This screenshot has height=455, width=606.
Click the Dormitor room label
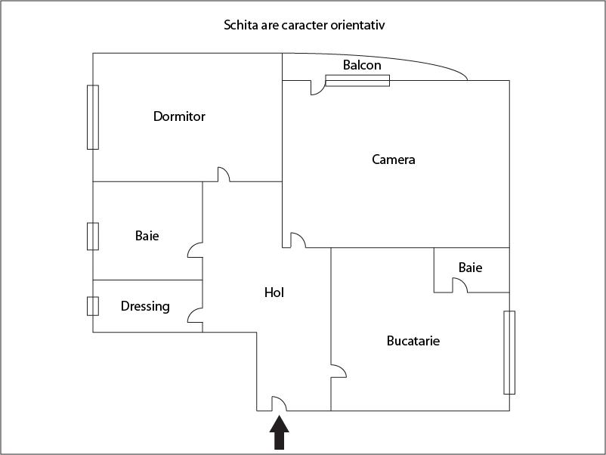pos(179,116)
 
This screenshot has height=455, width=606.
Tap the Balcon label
pos(362,65)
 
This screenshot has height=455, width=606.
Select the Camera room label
pos(394,159)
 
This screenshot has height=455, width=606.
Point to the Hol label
pos(274,292)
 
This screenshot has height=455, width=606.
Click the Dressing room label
pos(145,306)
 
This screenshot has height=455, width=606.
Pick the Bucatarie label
pos(413,341)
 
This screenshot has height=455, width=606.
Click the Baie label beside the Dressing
pos(147,236)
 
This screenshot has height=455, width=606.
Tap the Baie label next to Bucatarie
pos(470,268)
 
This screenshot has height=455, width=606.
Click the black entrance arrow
pos(279,432)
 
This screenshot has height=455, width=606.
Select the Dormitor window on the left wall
pos(93,117)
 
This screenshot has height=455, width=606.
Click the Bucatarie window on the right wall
pos(509,352)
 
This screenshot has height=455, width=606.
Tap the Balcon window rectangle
pos(357,80)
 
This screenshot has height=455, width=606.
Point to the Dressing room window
pos(93,306)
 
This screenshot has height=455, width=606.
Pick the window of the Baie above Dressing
pos(93,237)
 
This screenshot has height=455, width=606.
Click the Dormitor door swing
pos(224,175)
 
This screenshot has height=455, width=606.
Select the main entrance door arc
pos(279,404)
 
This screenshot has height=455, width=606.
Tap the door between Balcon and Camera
pos(318,88)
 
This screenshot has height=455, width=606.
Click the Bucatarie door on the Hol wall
pos(339,370)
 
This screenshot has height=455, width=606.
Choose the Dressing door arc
pos(195,315)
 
